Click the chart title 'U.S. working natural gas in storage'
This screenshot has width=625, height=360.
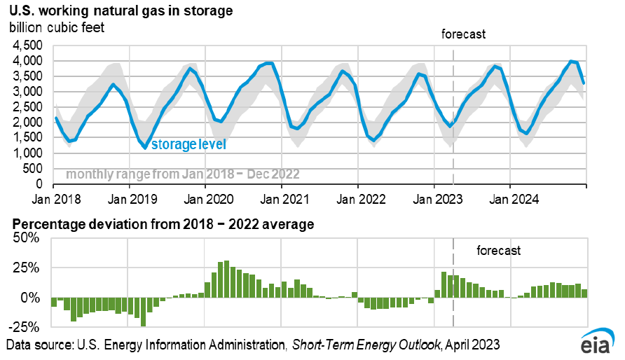point(121,11)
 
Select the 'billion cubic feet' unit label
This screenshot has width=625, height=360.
point(58,27)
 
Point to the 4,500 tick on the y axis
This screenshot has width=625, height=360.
point(29,46)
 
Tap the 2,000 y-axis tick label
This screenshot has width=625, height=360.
point(29,123)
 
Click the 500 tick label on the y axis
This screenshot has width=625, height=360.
point(34,169)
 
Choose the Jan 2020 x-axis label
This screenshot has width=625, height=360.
point(205,199)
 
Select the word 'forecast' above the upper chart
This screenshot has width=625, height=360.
point(463,34)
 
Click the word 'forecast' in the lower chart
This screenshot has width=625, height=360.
point(499,250)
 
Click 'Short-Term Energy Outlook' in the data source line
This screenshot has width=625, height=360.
point(366,345)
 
